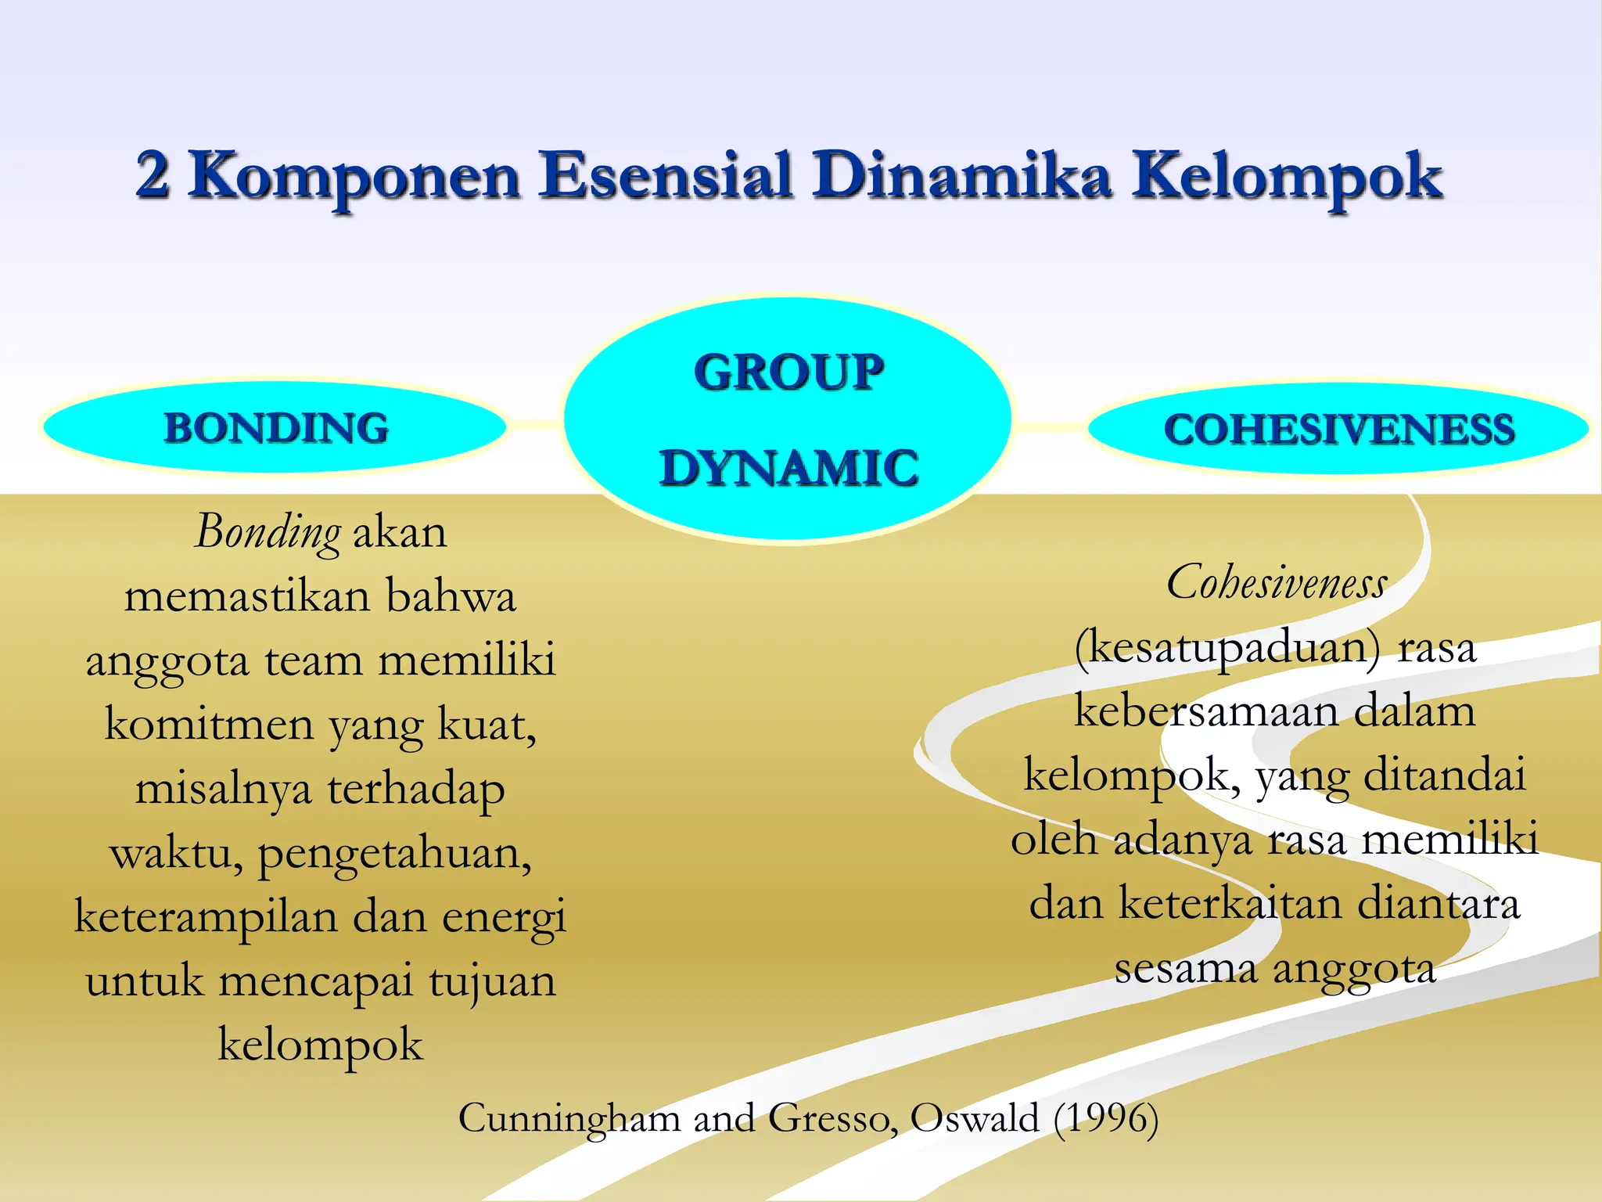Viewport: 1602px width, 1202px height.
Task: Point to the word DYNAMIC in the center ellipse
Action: [788, 468]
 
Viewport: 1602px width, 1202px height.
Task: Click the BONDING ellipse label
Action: [275, 428]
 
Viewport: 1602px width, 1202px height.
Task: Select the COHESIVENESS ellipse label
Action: [1338, 429]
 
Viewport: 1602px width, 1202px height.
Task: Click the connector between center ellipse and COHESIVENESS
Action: [1048, 426]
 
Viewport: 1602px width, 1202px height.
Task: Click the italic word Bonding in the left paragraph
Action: [268, 533]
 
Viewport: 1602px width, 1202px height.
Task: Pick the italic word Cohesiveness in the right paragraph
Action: [1277, 584]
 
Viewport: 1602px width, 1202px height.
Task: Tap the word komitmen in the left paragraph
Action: [209, 725]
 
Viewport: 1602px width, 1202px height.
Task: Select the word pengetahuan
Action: [395, 854]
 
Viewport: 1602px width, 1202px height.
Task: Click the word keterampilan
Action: [206, 917]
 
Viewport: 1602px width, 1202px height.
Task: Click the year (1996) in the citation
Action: [1105, 1117]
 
